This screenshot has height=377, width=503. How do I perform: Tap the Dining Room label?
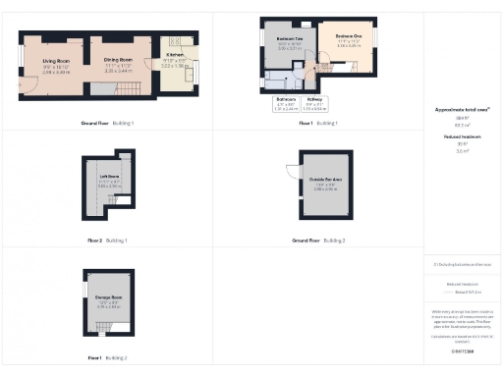pyautogui.click(x=119, y=61)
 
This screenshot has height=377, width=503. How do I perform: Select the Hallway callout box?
pyautogui.click(x=315, y=103)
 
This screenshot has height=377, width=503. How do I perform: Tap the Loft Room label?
pyautogui.click(x=109, y=178)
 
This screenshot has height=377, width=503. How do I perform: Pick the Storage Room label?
pyautogui.click(x=109, y=296)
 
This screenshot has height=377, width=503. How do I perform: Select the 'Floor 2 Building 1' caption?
pyautogui.click(x=109, y=241)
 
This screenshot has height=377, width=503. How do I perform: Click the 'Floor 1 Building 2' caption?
pyautogui.click(x=109, y=358)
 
